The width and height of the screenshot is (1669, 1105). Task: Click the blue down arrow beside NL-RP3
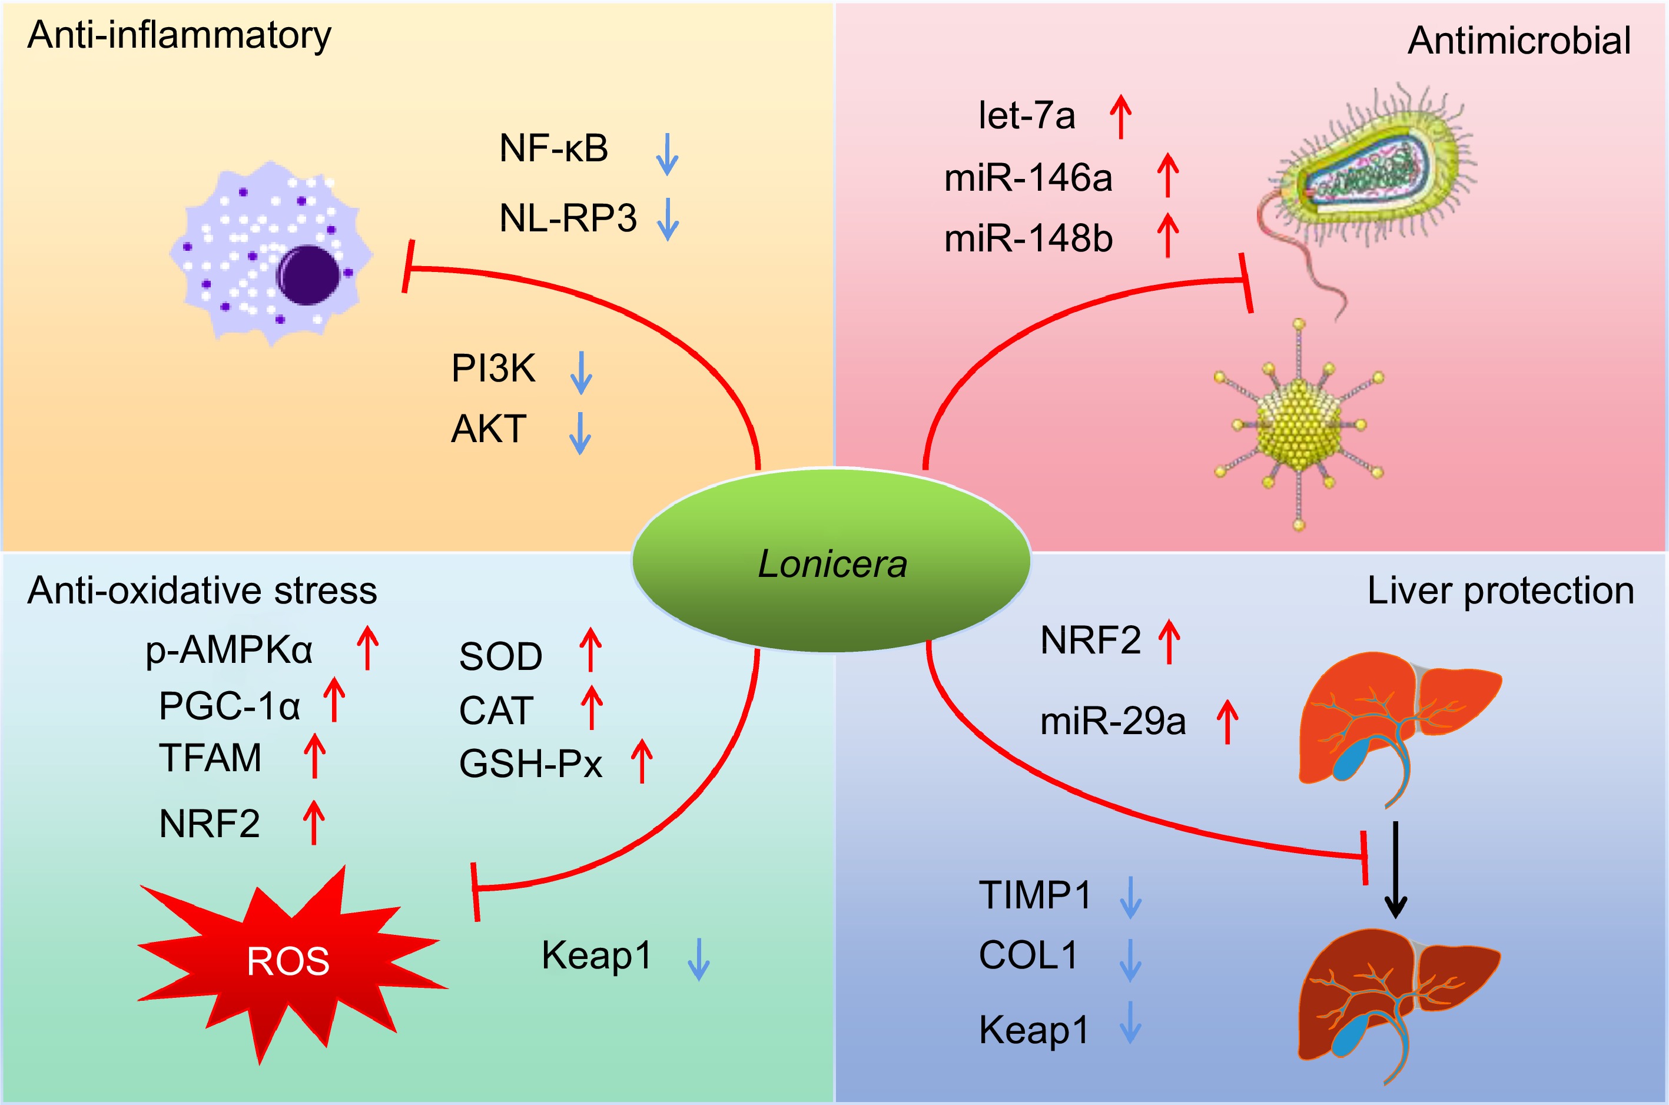pyautogui.click(x=667, y=220)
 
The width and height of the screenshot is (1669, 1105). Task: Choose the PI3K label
pyautogui.click(x=493, y=368)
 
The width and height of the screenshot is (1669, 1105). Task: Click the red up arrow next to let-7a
pyautogui.click(x=1120, y=117)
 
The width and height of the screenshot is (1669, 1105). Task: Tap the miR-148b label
pyautogui.click(x=1028, y=238)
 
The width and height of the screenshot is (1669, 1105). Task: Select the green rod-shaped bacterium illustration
pyautogui.click(x=1374, y=176)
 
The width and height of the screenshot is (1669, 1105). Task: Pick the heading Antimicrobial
pyautogui.click(x=1519, y=41)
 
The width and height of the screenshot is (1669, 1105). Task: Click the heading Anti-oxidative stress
pyautogui.click(x=202, y=590)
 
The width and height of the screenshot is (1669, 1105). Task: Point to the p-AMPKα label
pyautogui.click(x=229, y=650)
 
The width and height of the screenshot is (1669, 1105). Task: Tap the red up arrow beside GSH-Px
pyautogui.click(x=641, y=761)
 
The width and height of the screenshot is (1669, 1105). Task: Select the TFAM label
pyautogui.click(x=210, y=758)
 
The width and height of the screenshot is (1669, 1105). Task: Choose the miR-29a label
pyautogui.click(x=1113, y=721)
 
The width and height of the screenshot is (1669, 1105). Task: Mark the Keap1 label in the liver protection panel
pyautogui.click(x=1034, y=1029)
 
